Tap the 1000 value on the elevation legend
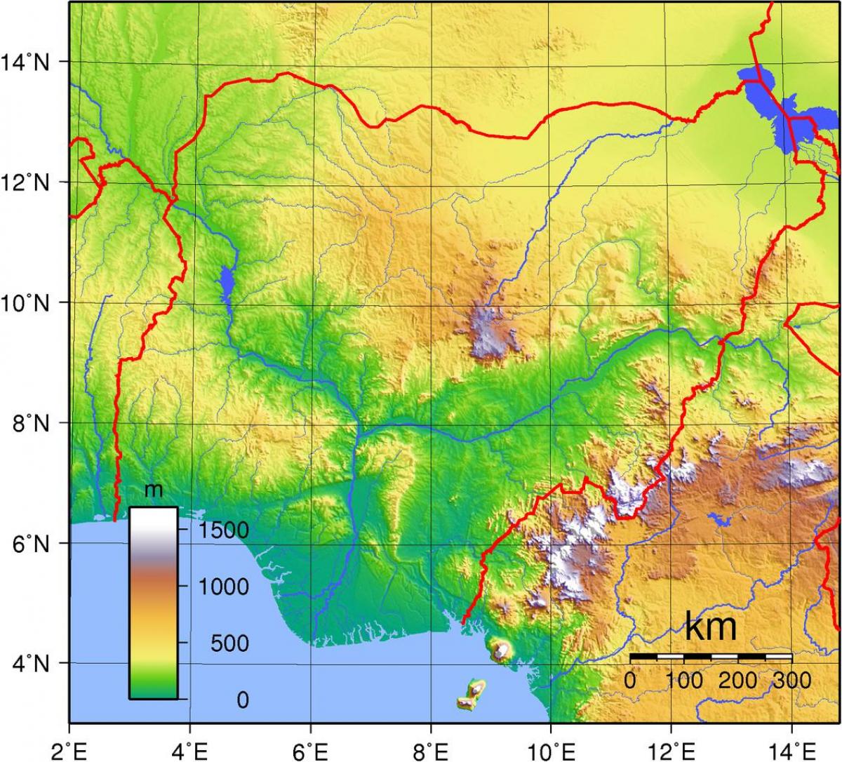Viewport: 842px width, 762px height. (222, 587)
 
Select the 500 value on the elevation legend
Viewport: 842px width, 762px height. (230, 643)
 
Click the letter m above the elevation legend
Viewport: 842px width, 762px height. (153, 490)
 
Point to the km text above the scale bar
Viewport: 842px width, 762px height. (710, 627)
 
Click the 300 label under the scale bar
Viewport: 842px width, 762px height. (791, 680)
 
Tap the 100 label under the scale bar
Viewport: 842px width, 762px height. (684, 680)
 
